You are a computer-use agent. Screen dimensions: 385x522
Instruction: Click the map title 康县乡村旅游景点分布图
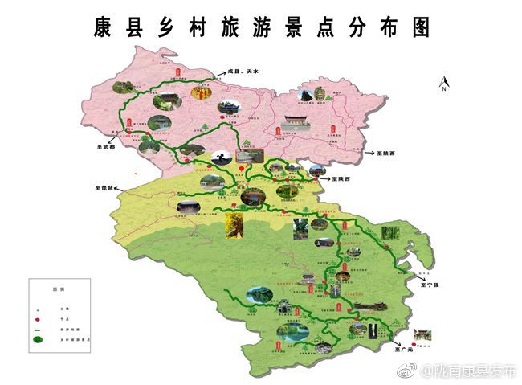[x=260, y=27]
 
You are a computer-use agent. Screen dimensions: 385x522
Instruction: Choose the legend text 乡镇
[x=57, y=307]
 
